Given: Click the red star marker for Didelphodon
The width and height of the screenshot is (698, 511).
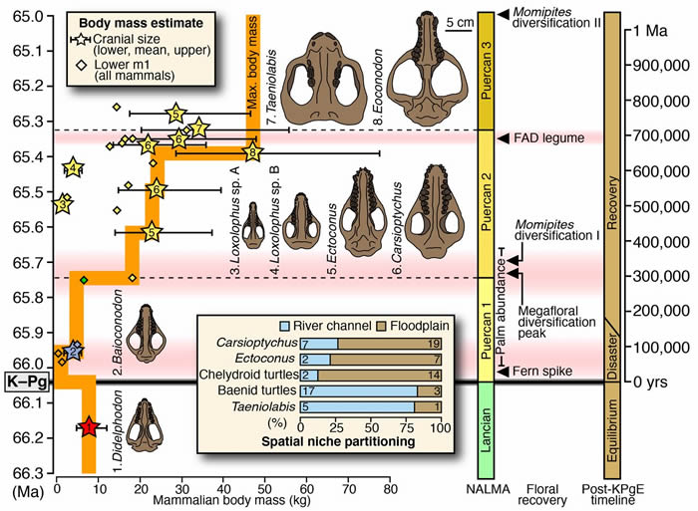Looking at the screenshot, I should point(89,427).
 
